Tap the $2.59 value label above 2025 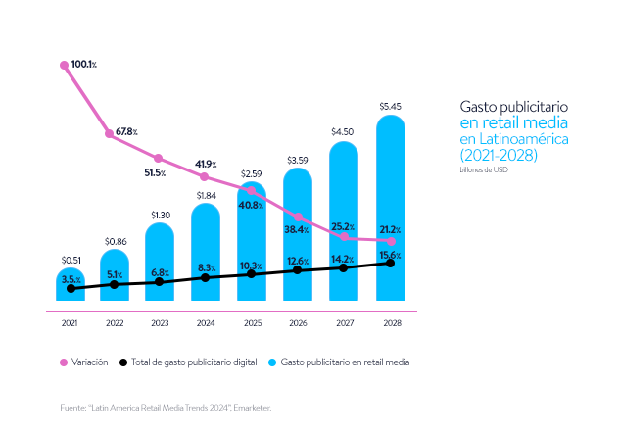251,173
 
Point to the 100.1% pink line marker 65,66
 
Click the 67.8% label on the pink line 126,131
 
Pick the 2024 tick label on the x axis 205,322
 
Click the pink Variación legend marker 65,362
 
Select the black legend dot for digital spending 123,362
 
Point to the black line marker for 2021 70,289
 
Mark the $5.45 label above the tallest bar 390,105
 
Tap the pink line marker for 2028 391,241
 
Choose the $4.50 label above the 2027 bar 343,131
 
